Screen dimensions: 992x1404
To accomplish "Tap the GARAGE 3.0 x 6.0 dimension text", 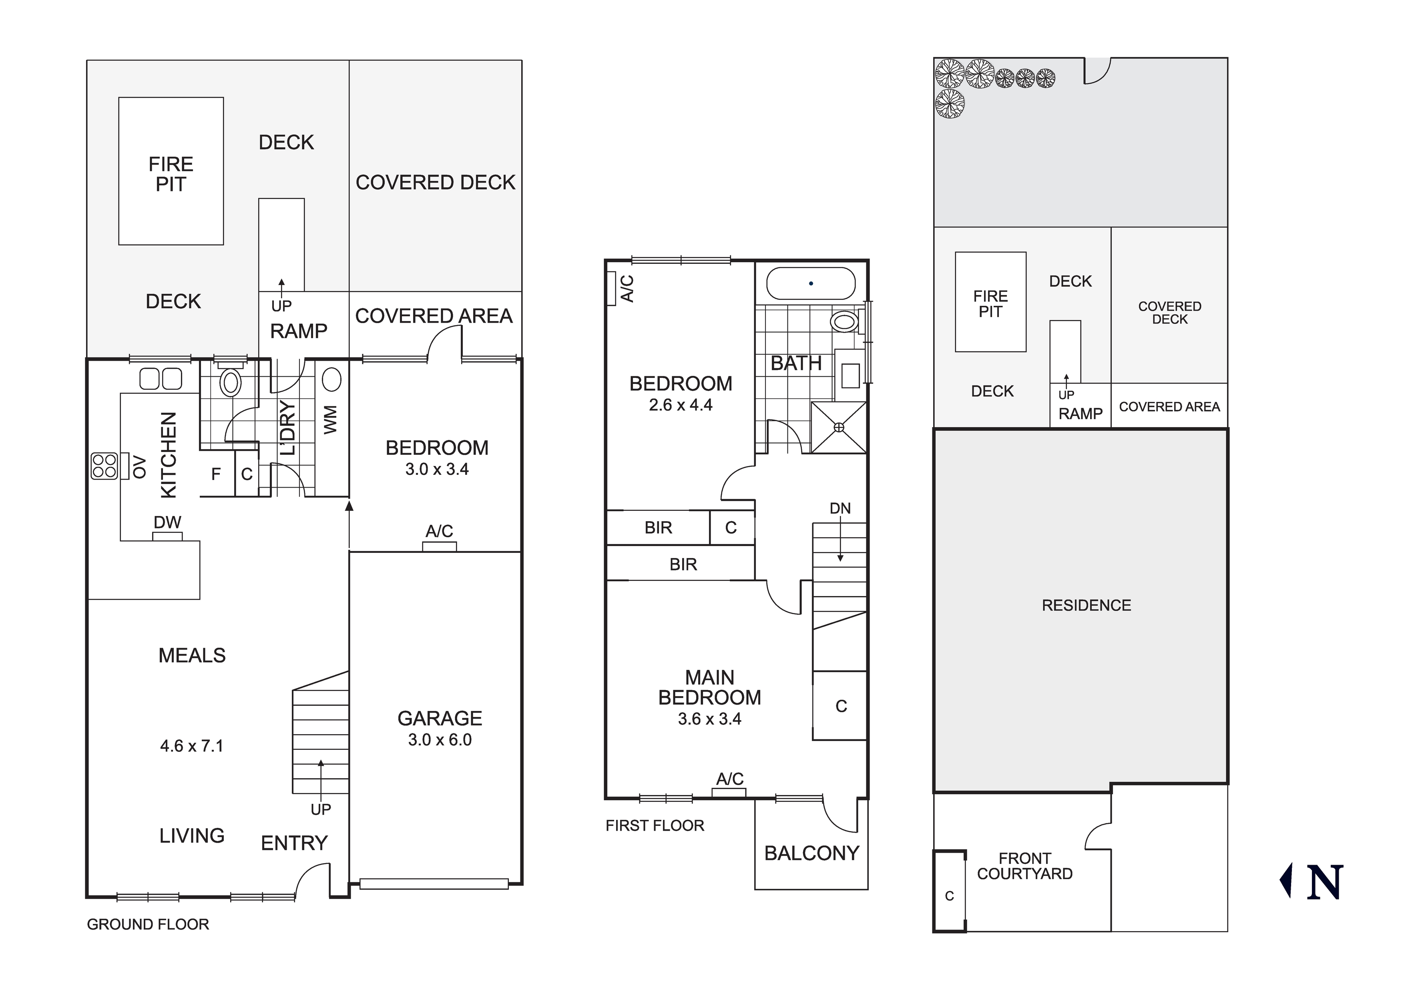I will (x=440, y=740).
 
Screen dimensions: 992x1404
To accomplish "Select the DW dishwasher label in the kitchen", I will (x=167, y=522).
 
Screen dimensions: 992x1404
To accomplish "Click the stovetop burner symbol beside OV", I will (x=104, y=466).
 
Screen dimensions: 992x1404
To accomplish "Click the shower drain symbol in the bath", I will (x=839, y=428).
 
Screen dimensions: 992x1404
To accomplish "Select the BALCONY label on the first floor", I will (x=811, y=853).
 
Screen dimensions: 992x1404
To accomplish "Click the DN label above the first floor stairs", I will (x=840, y=508).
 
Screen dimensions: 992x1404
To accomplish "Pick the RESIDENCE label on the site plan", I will (x=1086, y=605).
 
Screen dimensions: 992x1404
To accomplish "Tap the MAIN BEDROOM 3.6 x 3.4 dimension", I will (x=709, y=719).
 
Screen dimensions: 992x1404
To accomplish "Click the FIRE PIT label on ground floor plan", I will (x=171, y=174).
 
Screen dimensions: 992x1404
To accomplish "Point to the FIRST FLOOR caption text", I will (x=655, y=825).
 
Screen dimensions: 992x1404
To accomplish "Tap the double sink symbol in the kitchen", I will (x=160, y=379).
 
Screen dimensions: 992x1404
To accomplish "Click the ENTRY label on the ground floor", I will (x=294, y=843).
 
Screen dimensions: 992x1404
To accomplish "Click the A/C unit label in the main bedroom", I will (x=729, y=779).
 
